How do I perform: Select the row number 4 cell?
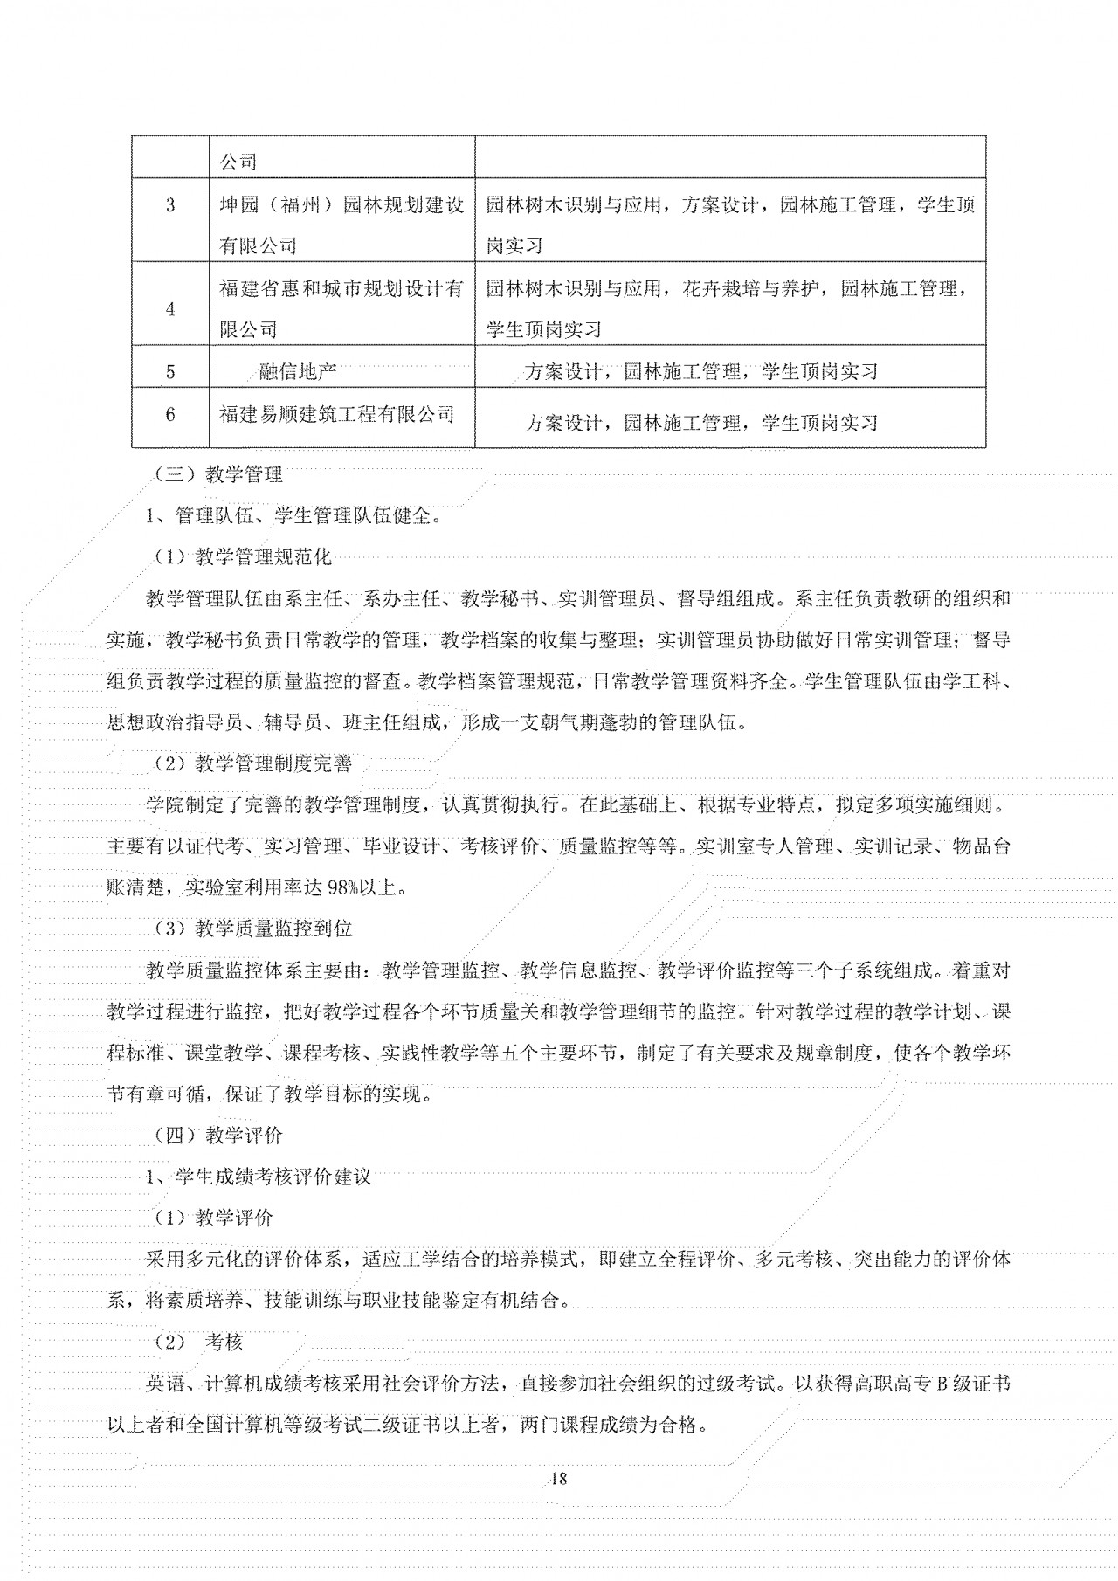[170, 309]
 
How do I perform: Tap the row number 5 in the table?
[170, 372]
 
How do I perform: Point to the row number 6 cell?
[170, 414]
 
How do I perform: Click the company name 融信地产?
[299, 372]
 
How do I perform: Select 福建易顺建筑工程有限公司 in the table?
[337, 414]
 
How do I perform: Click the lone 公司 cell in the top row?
[238, 162]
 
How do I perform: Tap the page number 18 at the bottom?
[560, 1478]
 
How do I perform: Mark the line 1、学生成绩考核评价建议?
[259, 1177]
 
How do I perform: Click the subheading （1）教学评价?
[213, 1218]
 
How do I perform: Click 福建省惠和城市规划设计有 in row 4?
[342, 289]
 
